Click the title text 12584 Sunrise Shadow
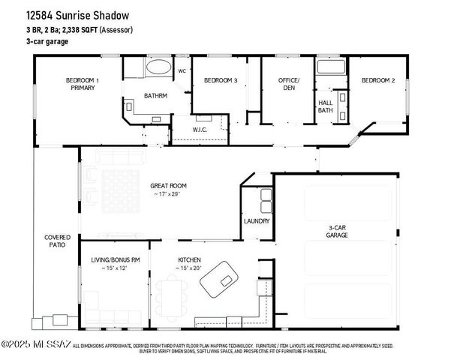(x=77, y=15)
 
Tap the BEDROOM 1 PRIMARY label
(x=83, y=84)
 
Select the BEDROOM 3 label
(x=221, y=80)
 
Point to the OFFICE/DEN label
(x=289, y=83)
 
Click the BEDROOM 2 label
(x=377, y=80)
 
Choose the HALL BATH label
(x=326, y=106)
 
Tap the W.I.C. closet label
(x=200, y=130)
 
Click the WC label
(x=182, y=71)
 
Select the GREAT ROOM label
(x=168, y=185)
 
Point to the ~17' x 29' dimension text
(x=168, y=195)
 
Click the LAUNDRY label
(x=257, y=221)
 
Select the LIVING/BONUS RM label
(x=111, y=259)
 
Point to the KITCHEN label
(x=189, y=259)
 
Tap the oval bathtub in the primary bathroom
(x=158, y=67)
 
